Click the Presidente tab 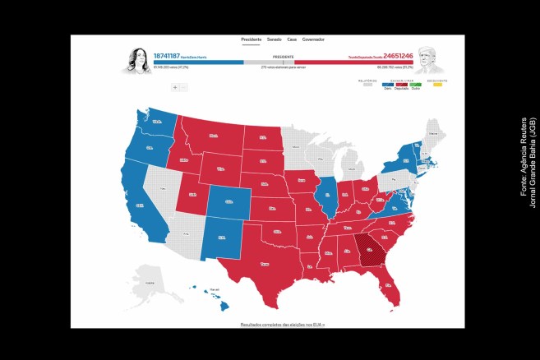[x=251, y=39]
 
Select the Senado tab [x=274, y=39]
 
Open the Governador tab [x=313, y=39]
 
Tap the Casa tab [x=292, y=39]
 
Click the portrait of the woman [x=136, y=60]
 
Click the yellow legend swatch [x=438, y=85]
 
